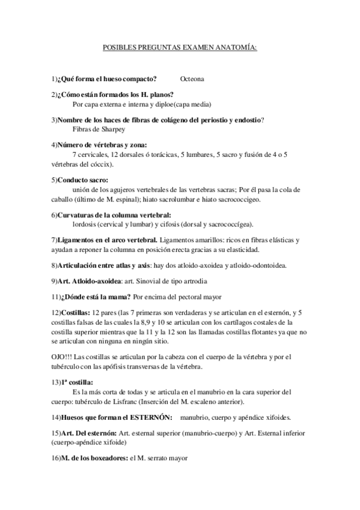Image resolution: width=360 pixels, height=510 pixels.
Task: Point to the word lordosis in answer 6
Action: tap(85, 223)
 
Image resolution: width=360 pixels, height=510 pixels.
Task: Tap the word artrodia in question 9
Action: tap(177, 281)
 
